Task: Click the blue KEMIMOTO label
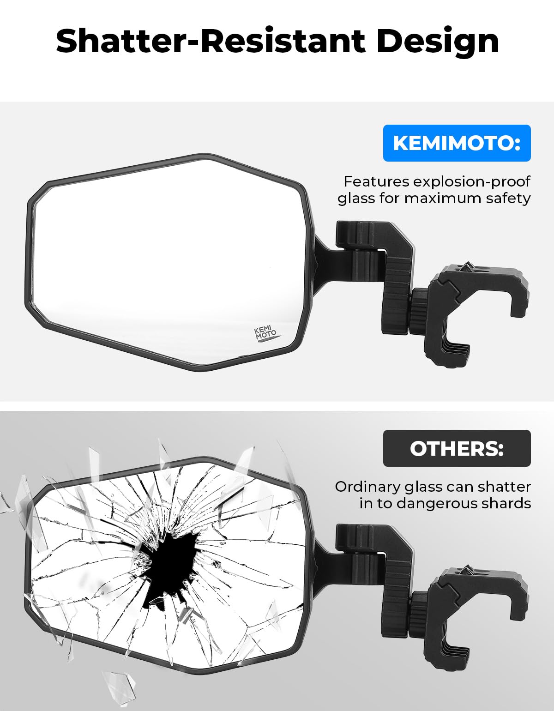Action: pyautogui.click(x=457, y=143)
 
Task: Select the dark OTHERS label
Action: pyautogui.click(x=457, y=448)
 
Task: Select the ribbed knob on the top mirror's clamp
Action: pyautogui.click(x=420, y=310)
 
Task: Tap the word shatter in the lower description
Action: pyautogui.click(x=505, y=487)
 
